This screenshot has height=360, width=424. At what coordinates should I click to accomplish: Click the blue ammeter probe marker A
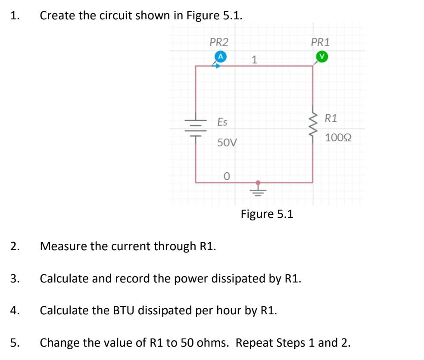point(220,56)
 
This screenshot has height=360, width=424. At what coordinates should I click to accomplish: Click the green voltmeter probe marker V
point(321,56)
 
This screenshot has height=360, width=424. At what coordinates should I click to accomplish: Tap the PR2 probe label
point(219,42)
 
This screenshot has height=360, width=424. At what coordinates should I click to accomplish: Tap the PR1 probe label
point(320,42)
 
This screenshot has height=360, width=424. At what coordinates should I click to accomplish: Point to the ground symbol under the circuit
point(258,189)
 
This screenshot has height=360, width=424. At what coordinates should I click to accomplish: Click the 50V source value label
point(227,143)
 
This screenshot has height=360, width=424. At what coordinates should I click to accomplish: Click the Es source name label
point(222,122)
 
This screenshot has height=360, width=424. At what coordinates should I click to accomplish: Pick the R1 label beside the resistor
point(331,118)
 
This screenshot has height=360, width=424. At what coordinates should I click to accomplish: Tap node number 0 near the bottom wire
point(227,177)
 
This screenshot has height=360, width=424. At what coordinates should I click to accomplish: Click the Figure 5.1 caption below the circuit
point(267,214)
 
